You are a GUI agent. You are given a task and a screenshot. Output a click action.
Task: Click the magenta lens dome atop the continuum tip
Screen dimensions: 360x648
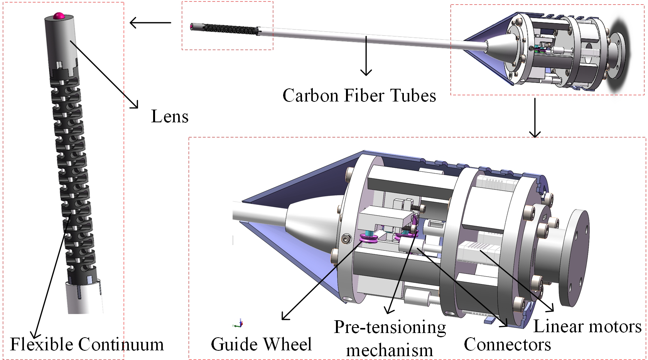[x=59, y=16]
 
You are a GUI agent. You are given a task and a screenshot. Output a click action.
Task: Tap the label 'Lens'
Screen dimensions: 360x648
[x=170, y=116]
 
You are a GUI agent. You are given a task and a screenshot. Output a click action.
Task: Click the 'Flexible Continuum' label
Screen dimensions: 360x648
[x=87, y=344]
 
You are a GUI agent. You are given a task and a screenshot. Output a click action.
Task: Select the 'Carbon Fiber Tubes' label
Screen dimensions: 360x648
[x=359, y=95]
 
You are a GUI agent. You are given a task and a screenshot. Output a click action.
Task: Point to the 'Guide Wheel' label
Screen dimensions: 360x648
[x=261, y=344]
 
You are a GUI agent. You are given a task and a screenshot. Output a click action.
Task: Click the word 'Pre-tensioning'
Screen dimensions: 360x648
[x=390, y=327]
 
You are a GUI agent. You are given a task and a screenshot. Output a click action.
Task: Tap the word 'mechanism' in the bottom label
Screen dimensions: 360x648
[x=390, y=350]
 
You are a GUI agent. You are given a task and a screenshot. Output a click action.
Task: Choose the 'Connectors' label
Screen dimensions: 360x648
[x=507, y=344]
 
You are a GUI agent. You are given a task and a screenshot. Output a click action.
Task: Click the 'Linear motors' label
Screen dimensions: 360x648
[x=587, y=326]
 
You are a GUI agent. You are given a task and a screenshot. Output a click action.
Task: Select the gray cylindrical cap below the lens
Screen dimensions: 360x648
[x=61, y=39]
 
